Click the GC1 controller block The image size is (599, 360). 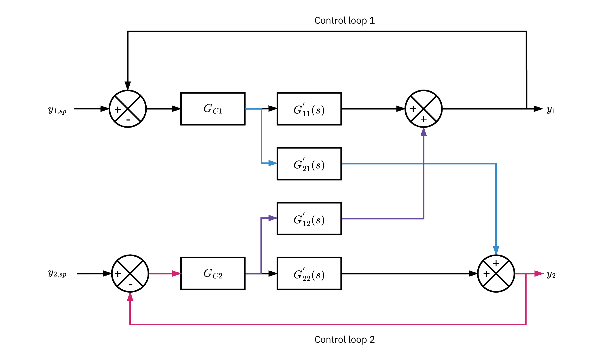click(213, 109)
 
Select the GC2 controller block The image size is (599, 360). click(213, 273)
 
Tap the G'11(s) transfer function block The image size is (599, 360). click(309, 109)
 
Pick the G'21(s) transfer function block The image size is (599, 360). click(309, 164)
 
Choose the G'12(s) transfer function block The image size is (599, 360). click(309, 219)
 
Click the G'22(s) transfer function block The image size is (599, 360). click(309, 273)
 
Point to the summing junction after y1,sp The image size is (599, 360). click(128, 109)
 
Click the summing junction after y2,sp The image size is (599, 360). click(130, 274)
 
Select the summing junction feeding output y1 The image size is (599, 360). click(424, 109)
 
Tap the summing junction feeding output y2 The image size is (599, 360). click(496, 274)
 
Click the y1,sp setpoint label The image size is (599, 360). click(58, 110)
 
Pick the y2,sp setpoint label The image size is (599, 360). click(58, 274)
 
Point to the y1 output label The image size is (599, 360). click(551, 110)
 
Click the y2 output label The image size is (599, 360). click(551, 275)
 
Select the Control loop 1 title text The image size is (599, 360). click(345, 20)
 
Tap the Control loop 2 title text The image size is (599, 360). click(345, 340)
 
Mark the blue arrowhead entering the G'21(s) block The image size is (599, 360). click(273, 163)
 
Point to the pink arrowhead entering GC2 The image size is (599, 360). click(176, 274)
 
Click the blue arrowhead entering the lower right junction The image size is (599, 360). click(496, 250)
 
